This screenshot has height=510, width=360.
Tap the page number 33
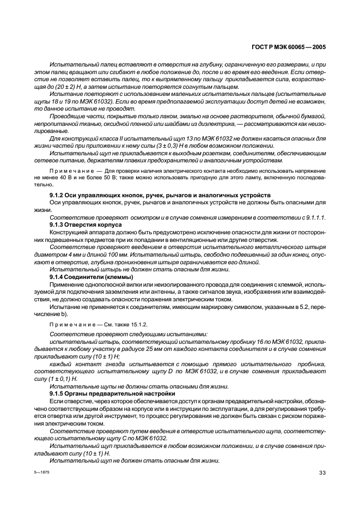(322, 472)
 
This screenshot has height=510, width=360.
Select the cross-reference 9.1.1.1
(313, 217)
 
